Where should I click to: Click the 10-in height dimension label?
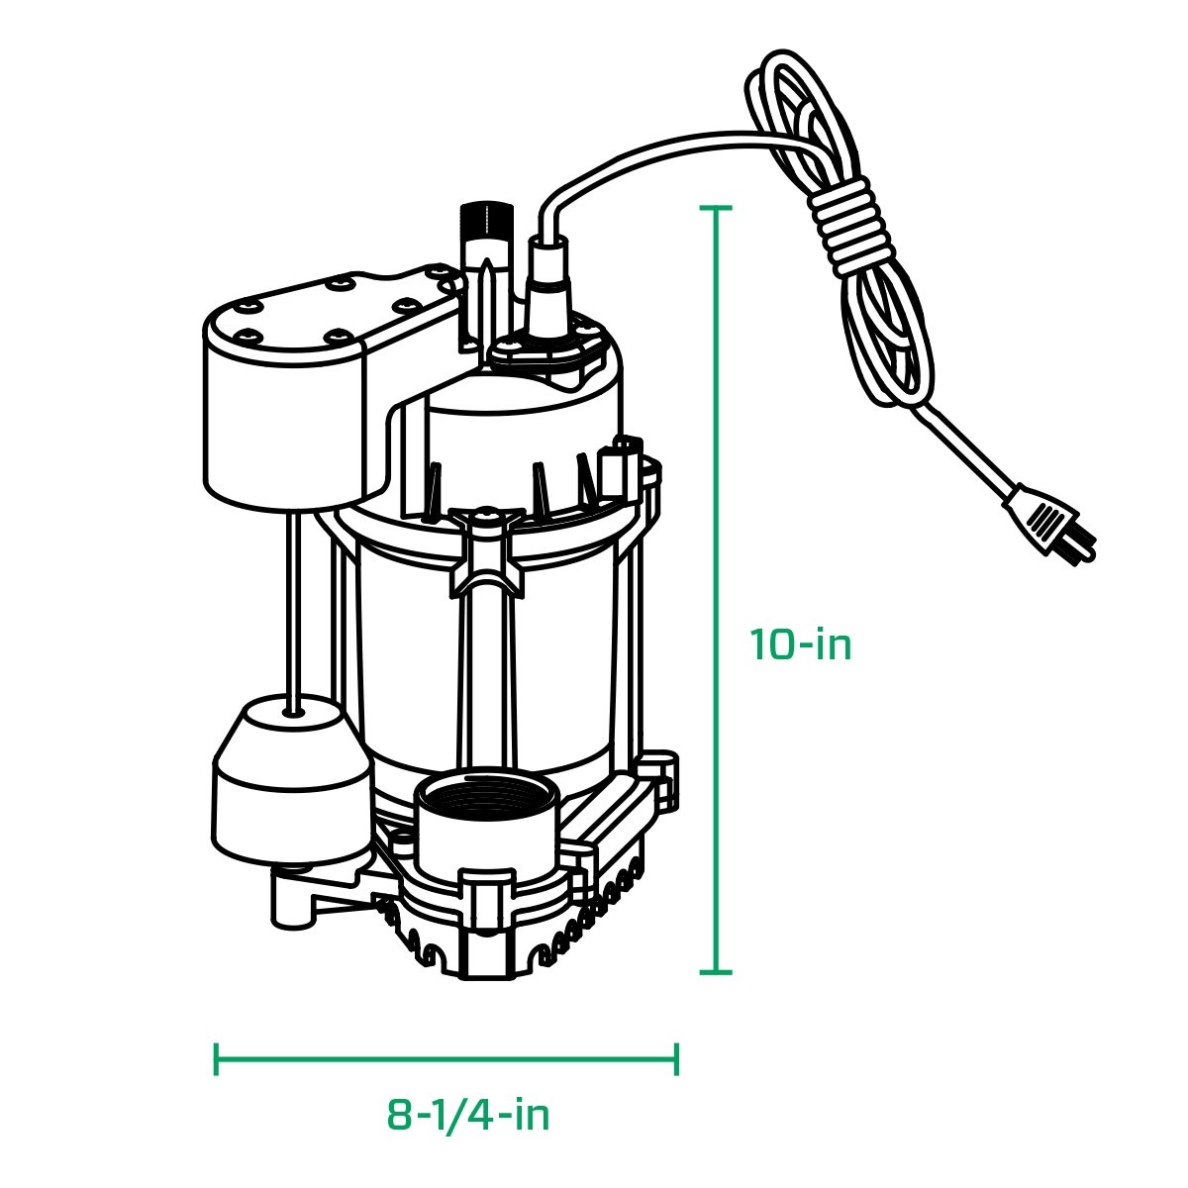click(x=800, y=645)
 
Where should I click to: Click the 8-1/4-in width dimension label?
click(x=468, y=1116)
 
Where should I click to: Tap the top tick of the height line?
click(x=715, y=209)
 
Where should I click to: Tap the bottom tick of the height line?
click(x=715, y=971)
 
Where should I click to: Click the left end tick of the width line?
click(x=216, y=1058)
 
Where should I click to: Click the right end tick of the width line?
click(x=677, y=1058)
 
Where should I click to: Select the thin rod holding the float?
click(x=292, y=604)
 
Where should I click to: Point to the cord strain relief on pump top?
click(x=547, y=287)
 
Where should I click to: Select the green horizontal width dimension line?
click(x=445, y=1058)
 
